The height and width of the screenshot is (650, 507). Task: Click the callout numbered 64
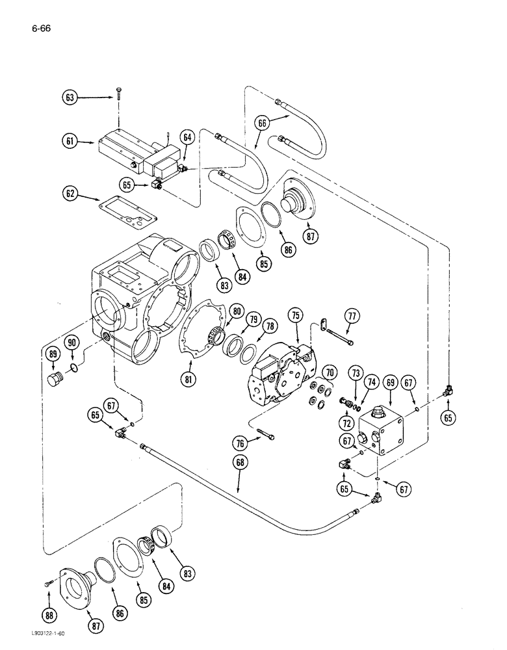(188, 137)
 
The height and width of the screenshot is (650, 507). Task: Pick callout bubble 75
(296, 315)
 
